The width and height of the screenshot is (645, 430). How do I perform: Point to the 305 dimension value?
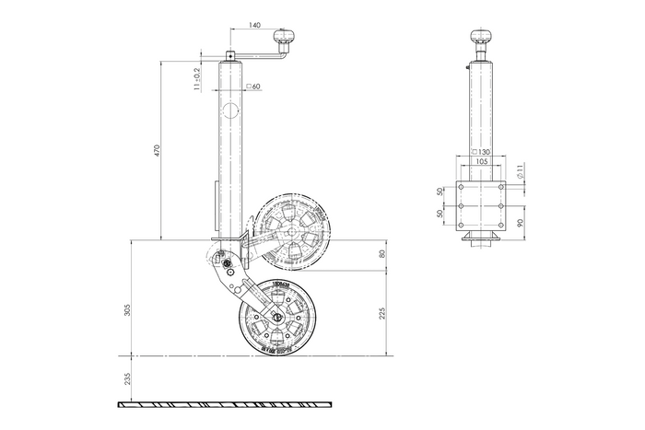(x=128, y=310)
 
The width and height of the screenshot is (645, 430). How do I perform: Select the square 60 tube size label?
(x=254, y=87)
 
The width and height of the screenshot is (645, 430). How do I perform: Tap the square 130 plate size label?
(x=480, y=151)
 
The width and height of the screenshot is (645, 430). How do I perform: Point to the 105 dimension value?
(x=481, y=161)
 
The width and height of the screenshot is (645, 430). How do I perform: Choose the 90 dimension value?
(x=522, y=222)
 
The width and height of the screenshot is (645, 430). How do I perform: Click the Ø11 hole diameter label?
(x=522, y=170)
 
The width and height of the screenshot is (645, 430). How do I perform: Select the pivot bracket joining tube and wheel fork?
(x=225, y=267)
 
